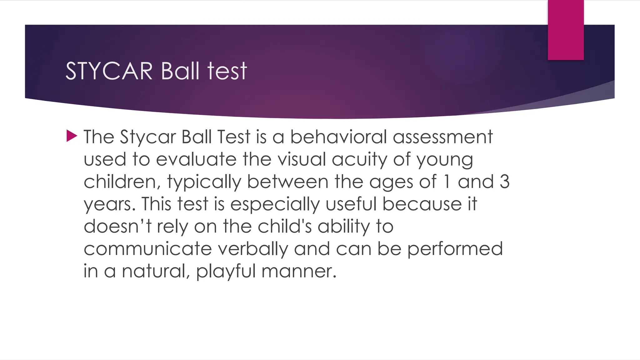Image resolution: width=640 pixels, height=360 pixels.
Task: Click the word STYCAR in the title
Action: click(x=109, y=71)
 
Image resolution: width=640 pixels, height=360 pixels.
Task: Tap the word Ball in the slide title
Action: click(x=180, y=71)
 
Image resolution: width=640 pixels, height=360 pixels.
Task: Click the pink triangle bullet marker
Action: click(x=72, y=136)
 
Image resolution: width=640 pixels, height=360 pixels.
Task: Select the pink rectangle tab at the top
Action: click(x=566, y=30)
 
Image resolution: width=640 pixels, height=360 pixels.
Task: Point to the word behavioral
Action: click(x=339, y=137)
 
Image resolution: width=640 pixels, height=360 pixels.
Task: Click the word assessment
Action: click(x=443, y=137)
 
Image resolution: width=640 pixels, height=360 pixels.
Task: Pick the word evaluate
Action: click(x=196, y=159)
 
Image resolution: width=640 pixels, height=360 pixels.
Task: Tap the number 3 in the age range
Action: click(x=504, y=182)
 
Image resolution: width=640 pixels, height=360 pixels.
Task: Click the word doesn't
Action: click(x=117, y=226)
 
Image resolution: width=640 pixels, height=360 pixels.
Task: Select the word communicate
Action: click(x=148, y=249)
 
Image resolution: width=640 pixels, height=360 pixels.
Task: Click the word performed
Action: click(x=455, y=249)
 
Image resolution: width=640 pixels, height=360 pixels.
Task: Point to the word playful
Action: click(x=226, y=272)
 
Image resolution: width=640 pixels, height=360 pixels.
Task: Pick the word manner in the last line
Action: click(x=299, y=272)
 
